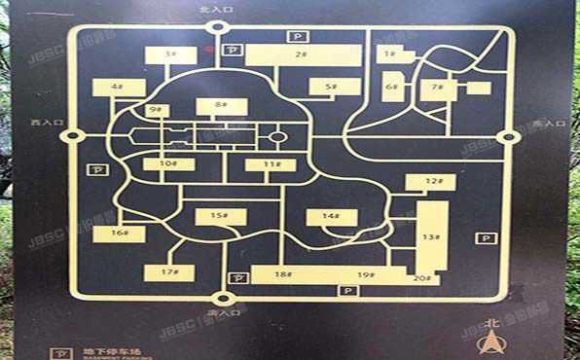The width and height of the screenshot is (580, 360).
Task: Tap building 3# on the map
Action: (171, 55)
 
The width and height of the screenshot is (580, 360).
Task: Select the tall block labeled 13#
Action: (430, 236)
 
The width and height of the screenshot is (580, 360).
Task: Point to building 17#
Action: (170, 272)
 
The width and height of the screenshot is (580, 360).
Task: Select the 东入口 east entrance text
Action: (548, 125)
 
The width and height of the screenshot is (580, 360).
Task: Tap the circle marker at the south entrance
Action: (223, 299)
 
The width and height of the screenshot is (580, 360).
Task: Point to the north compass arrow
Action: (494, 342)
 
